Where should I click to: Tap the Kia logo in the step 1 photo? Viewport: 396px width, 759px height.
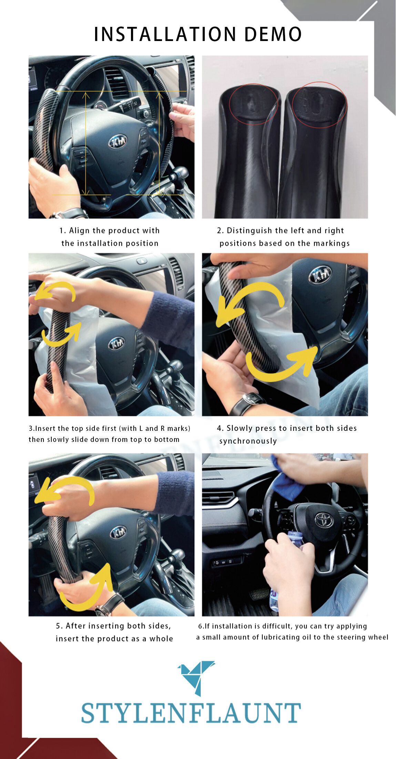[118, 142]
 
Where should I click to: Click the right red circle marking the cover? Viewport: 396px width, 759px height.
[319, 105]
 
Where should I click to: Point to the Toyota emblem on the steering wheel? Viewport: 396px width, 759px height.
[324, 520]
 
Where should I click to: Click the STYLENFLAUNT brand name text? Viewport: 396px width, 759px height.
[191, 713]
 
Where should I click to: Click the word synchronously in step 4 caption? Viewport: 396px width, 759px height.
[248, 441]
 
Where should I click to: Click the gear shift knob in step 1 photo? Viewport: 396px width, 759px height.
[181, 172]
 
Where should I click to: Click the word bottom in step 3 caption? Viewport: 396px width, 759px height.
[166, 439]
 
